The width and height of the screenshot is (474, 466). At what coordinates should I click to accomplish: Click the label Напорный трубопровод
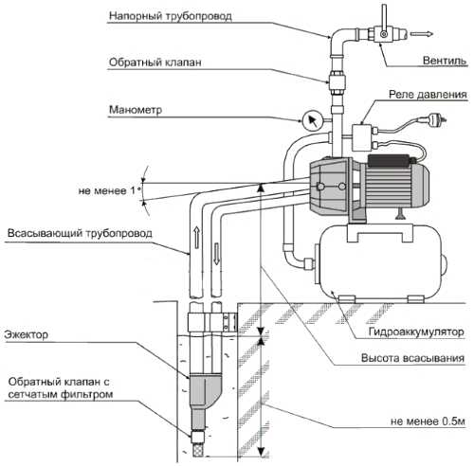coord(171,16)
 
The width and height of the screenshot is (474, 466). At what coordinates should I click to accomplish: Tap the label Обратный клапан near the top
coord(155,63)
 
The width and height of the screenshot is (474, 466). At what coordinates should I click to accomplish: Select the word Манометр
coord(136,110)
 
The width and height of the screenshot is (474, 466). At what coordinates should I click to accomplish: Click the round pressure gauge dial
coord(312,121)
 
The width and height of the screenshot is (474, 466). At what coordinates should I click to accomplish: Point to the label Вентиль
coord(445,60)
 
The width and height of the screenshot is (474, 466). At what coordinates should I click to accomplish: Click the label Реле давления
coord(428,95)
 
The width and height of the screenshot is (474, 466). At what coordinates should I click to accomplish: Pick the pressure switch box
coord(363,137)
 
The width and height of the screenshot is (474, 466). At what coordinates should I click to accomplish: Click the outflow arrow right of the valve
coord(422,34)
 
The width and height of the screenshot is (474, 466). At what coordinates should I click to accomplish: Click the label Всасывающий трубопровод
coord(80,233)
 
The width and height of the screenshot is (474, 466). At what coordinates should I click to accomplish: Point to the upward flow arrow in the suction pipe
coord(196,237)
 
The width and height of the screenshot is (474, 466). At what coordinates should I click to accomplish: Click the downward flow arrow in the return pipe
coord(217,254)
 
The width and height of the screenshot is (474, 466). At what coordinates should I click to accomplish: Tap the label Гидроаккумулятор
coord(416,332)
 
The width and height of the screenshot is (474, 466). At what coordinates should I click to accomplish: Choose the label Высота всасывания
coord(412,358)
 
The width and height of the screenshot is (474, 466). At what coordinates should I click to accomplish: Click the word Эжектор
coord(27,334)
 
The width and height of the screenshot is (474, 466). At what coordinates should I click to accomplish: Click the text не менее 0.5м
coord(428,421)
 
